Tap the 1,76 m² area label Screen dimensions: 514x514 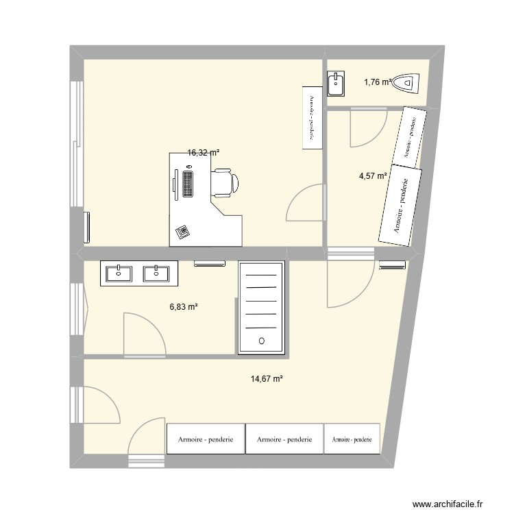[378, 82]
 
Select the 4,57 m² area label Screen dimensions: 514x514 [373, 176]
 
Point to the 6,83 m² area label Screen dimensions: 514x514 [184, 308]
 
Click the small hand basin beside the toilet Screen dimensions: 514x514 [336, 84]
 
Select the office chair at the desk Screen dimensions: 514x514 [224, 182]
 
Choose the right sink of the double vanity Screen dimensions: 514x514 [157, 273]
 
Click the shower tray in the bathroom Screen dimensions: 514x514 [260, 308]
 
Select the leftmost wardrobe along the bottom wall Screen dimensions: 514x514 [206, 439]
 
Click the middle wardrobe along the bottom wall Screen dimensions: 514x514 [284, 439]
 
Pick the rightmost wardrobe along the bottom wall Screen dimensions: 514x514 [352, 439]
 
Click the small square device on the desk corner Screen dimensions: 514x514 [182, 232]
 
